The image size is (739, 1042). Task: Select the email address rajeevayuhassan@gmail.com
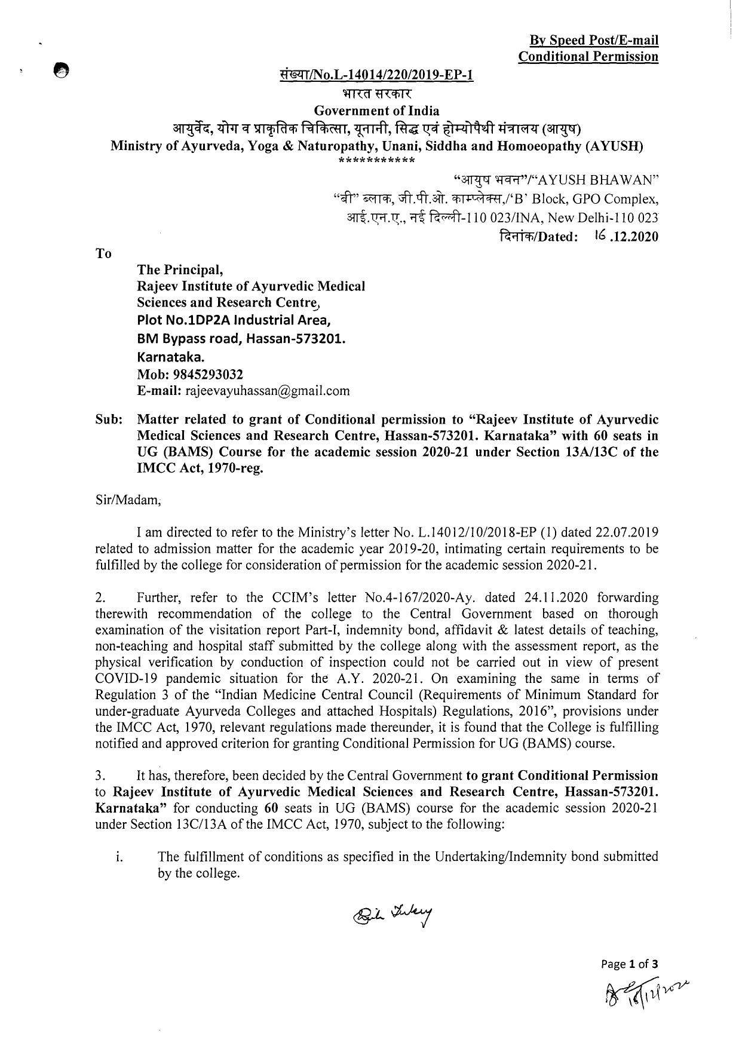(x=268, y=391)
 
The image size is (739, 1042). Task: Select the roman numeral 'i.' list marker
(x=119, y=857)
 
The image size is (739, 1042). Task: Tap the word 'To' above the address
(x=103, y=253)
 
